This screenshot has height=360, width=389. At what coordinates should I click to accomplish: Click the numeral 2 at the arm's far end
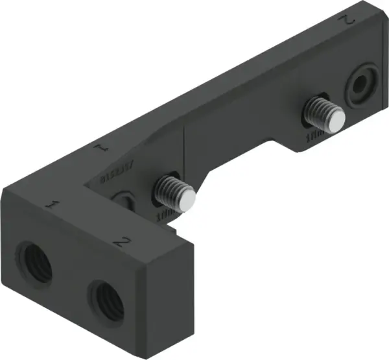click(x=348, y=20)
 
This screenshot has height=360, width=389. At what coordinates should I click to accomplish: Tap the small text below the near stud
click(x=165, y=214)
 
